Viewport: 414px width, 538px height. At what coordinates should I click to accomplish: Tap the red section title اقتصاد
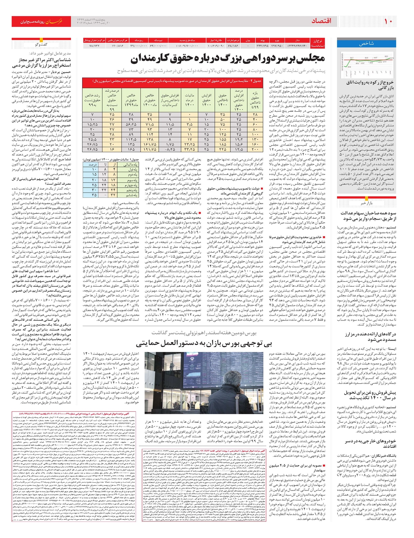coord(321,21)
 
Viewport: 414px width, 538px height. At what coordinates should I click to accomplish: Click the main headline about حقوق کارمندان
coord(228,59)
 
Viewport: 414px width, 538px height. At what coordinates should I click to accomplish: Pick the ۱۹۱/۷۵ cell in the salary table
coord(149,149)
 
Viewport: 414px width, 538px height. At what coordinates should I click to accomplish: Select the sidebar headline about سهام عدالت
coord(368,216)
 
